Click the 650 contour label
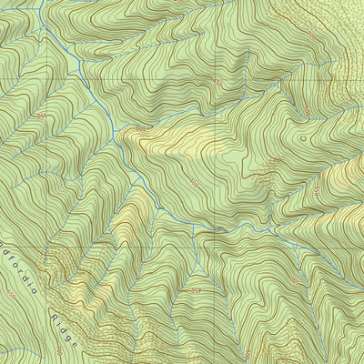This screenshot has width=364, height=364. (11, 294)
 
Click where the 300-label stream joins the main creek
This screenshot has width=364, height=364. (116, 144)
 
